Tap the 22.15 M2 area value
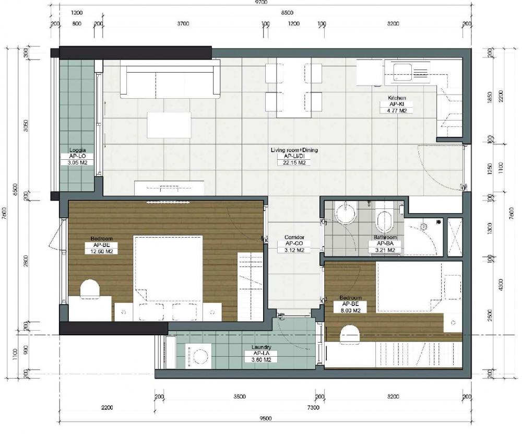(294, 163)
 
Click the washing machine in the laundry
(200, 357)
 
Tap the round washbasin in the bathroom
(345, 213)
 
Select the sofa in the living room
(169, 78)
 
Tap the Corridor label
(294, 237)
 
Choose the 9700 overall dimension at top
(261, 3)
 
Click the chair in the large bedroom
(90, 289)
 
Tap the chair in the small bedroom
(350, 333)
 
